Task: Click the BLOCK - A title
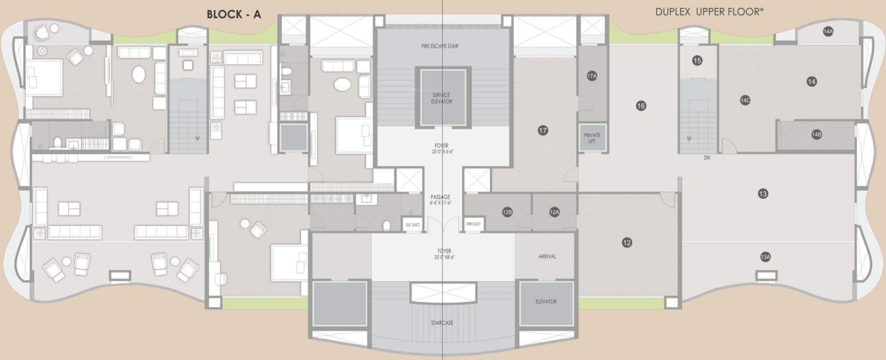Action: (233, 13)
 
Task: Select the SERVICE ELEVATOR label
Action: (442, 98)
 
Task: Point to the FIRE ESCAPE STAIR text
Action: (440, 46)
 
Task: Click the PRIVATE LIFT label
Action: (592, 138)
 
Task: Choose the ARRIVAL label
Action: (547, 257)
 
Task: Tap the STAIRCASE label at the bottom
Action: (441, 323)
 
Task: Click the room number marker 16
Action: (641, 105)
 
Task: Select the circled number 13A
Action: (765, 257)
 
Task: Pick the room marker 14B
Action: (816, 135)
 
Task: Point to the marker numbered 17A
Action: (592, 76)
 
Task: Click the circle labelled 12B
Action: (507, 212)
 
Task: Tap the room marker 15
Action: (697, 60)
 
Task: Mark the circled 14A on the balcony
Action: (828, 31)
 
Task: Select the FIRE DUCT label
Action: (473, 224)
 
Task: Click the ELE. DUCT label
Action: (412, 224)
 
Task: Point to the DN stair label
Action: (708, 158)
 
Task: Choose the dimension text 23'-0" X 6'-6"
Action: (441, 151)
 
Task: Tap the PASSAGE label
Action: (440, 197)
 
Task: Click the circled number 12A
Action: (555, 212)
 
